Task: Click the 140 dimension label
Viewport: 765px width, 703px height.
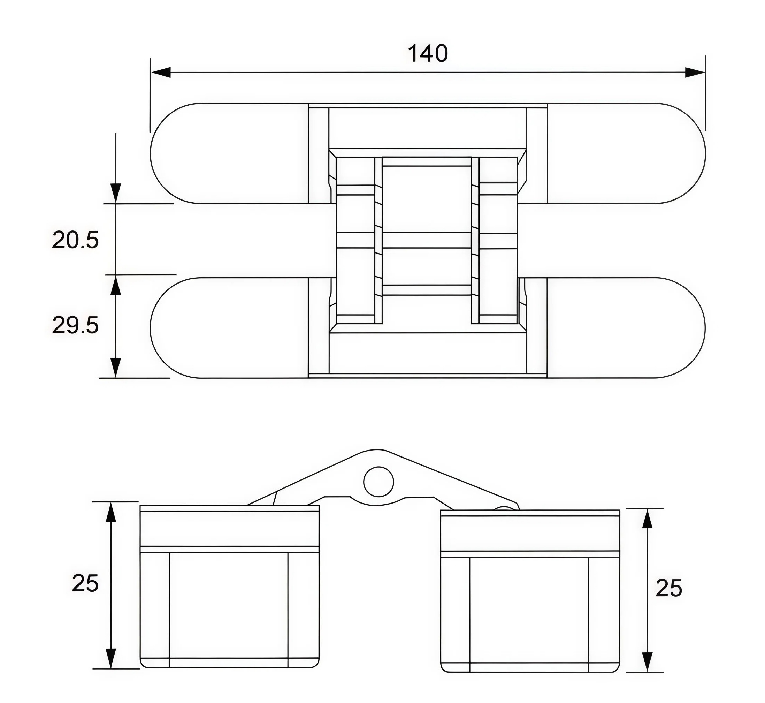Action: coord(427,54)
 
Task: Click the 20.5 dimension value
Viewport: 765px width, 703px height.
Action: coord(75,240)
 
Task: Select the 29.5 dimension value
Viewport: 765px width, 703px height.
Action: coord(75,326)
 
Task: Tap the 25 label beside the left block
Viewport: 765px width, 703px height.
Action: coord(85,583)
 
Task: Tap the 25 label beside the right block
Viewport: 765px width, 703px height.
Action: coord(669,589)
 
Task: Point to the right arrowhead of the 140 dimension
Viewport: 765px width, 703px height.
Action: coord(695,72)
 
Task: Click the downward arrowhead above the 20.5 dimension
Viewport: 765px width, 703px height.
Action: coord(116,193)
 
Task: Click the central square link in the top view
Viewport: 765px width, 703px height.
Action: coord(427,198)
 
